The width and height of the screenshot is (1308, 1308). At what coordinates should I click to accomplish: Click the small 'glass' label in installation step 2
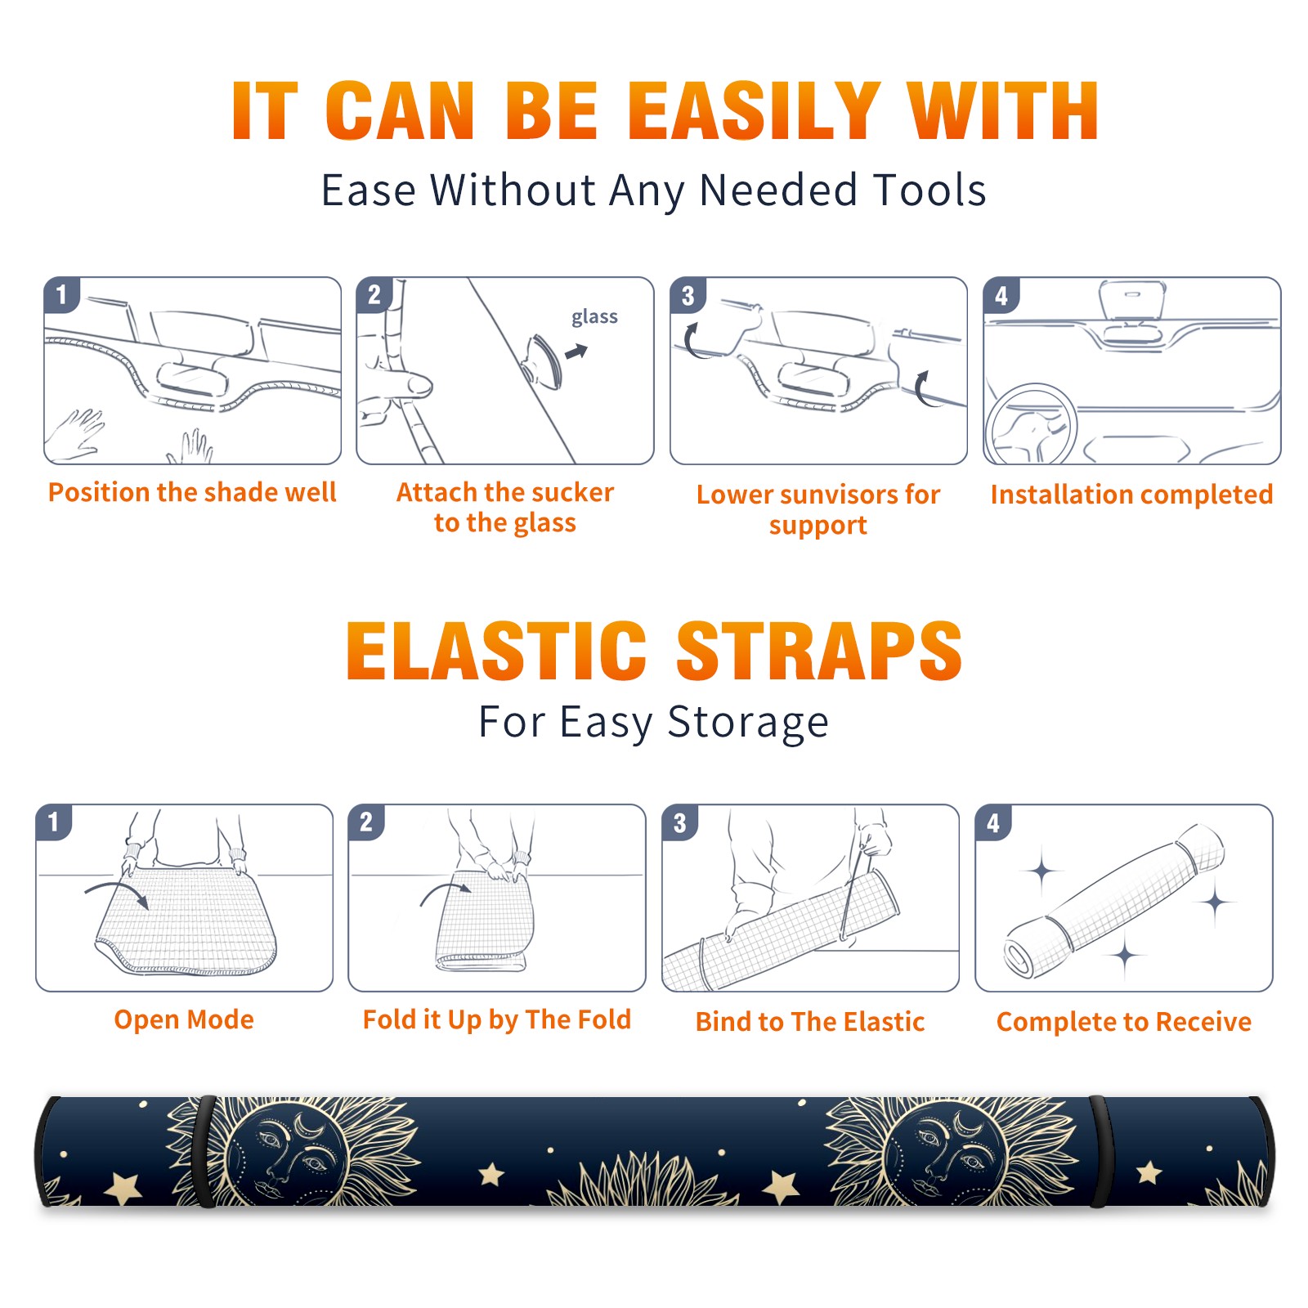pos(594,317)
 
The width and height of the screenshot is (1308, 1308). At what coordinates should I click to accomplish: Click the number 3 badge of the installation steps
pos(688,295)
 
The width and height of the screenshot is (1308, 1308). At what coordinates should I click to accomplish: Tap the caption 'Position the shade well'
pos(192,492)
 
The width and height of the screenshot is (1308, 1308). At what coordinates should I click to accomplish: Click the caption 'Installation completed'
pos(1131,494)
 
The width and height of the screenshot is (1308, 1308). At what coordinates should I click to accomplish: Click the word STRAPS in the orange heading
pos(819,651)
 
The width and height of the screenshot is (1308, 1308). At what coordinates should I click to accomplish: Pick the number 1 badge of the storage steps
pos(54,822)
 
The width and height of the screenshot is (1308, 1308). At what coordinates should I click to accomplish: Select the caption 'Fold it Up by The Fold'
pos(497,1019)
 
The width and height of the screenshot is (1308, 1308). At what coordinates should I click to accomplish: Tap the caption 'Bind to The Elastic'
pos(810,1022)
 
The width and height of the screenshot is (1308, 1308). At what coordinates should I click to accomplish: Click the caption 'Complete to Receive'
pos(1124,1022)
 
